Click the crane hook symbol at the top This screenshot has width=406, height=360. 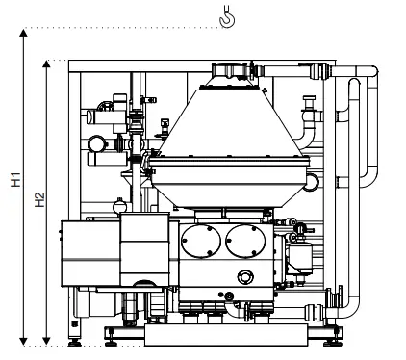click(x=227, y=16)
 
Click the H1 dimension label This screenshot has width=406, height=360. click(x=15, y=180)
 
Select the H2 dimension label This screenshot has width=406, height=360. click(x=39, y=199)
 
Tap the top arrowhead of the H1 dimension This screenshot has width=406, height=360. click(x=23, y=33)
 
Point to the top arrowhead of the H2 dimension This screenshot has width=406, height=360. click(x=47, y=64)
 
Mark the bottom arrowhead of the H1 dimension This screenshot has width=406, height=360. click(x=23, y=342)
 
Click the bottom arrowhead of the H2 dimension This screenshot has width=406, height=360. click(x=47, y=342)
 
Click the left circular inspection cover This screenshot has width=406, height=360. click(x=201, y=241)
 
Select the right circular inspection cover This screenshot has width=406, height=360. click(x=245, y=241)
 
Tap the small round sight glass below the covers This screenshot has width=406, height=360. click(x=245, y=277)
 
